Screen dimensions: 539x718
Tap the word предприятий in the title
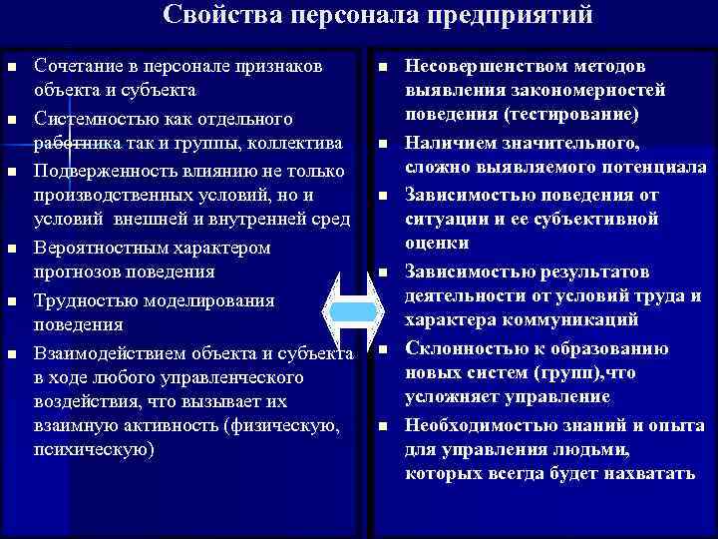tap(518, 17)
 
